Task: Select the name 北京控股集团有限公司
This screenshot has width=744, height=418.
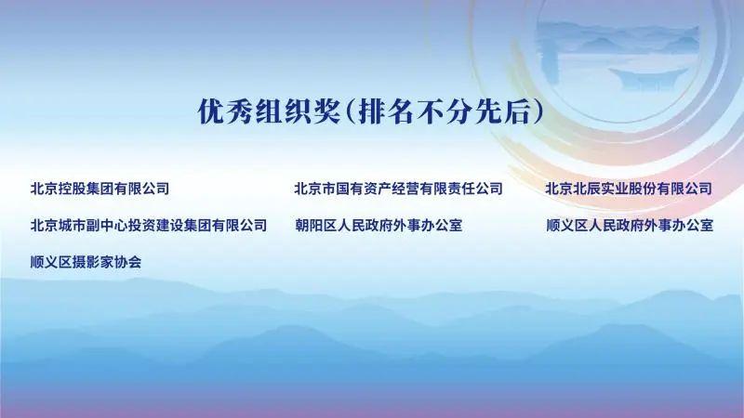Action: (x=100, y=189)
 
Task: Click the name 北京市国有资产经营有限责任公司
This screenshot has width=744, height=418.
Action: (x=398, y=189)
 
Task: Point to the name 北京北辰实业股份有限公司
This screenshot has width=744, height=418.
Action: (x=629, y=189)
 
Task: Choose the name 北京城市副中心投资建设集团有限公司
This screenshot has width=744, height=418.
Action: (x=149, y=225)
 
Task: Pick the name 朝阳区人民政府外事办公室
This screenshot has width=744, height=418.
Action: (x=378, y=225)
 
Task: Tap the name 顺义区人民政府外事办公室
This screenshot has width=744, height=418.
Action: (x=630, y=225)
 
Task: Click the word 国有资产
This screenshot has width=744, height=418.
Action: (x=366, y=189)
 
